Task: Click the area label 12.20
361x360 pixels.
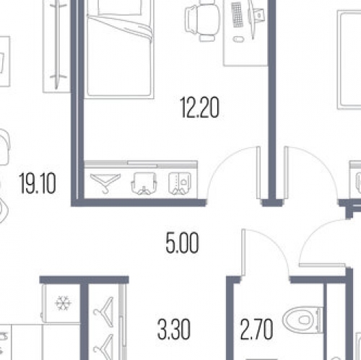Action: [x=200, y=107]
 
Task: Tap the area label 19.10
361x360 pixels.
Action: [x=38, y=183]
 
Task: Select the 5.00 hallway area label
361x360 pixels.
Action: [x=182, y=242]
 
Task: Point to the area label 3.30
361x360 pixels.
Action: [x=174, y=329]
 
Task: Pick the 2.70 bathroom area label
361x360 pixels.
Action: [x=257, y=329]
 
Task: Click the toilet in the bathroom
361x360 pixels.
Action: [x=303, y=320]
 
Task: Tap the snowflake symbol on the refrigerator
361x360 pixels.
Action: [x=63, y=303]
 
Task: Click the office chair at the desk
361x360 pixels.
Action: [x=203, y=22]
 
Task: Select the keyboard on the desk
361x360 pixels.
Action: [x=238, y=14]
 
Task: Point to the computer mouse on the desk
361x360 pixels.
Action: [x=238, y=39]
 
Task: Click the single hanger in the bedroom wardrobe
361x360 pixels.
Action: [x=105, y=183]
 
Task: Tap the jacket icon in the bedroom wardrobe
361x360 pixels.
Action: [x=144, y=183]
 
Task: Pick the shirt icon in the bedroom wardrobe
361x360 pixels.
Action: [x=180, y=183]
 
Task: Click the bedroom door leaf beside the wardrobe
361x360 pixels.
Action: [x=258, y=172]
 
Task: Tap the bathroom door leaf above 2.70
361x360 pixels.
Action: [x=243, y=253]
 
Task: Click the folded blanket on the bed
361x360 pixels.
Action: [x=121, y=27]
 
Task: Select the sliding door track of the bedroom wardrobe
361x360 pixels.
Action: [x=141, y=164]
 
